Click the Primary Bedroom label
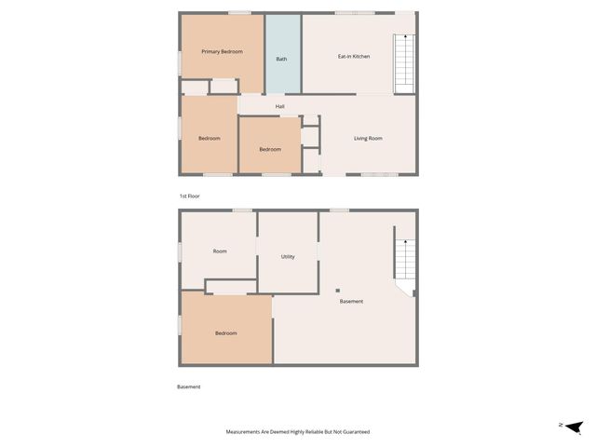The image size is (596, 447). click(x=223, y=52)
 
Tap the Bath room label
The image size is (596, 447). click(x=281, y=60)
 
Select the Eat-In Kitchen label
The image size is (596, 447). click(x=354, y=57)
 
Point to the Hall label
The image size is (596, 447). click(x=279, y=106)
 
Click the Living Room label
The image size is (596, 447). click(x=368, y=139)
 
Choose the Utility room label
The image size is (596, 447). click(x=288, y=257)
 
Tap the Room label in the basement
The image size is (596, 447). click(x=220, y=251)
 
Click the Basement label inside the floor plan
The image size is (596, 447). click(x=351, y=302)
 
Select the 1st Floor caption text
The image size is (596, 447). click(x=189, y=196)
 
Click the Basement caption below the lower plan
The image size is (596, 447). click(x=188, y=386)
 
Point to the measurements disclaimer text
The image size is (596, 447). click(x=298, y=432)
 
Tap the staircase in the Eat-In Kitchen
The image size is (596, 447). click(x=404, y=63)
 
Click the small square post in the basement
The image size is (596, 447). click(x=338, y=291)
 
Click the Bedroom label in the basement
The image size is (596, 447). click(x=226, y=333)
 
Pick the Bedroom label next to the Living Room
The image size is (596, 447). click(x=270, y=150)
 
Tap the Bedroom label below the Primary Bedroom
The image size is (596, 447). click(x=210, y=139)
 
